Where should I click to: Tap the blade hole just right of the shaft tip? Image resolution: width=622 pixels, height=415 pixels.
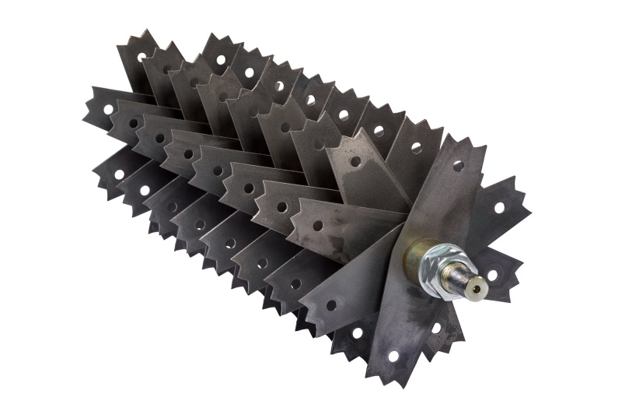[494, 275]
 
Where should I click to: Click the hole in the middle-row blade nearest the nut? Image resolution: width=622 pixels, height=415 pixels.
[317, 226]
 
